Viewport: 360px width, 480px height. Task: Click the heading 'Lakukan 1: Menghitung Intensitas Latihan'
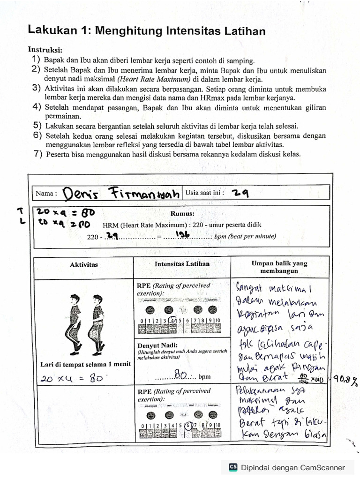click(147, 31)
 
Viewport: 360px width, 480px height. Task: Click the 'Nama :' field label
click(46, 193)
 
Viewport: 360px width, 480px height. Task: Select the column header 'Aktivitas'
click(84, 264)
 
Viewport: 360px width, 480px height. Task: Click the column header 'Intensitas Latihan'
click(182, 264)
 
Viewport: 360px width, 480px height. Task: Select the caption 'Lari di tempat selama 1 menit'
click(83, 364)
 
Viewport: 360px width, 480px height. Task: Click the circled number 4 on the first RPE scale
click(173, 321)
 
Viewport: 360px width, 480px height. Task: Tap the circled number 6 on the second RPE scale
click(189, 426)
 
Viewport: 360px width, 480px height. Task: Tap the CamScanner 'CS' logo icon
click(233, 467)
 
